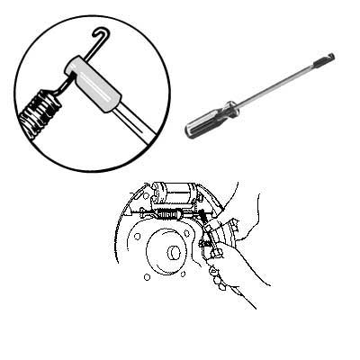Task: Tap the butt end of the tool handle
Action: pos(190,132)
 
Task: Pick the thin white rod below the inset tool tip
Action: pos(126,135)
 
